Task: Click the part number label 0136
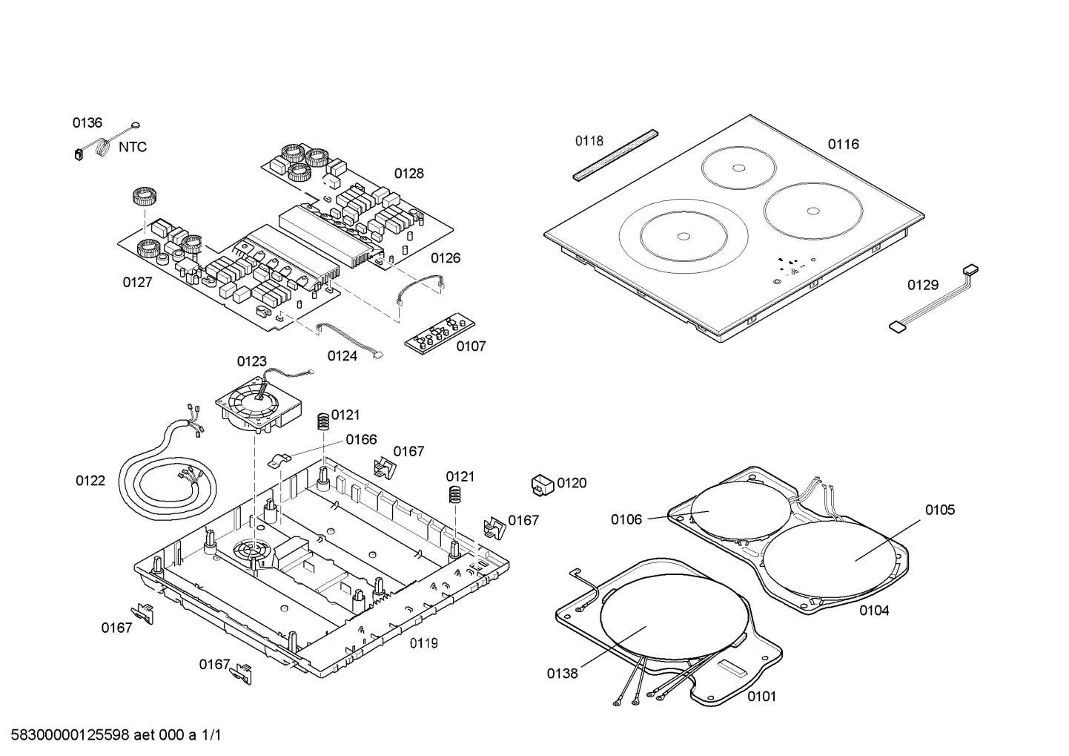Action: (87, 123)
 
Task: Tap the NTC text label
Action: (133, 147)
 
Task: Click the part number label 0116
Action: (843, 144)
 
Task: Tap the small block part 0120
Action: (543, 484)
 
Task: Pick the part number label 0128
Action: (408, 174)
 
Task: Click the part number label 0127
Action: (137, 283)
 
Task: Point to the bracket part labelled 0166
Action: (280, 458)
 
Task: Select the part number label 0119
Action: (423, 643)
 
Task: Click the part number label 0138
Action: (562, 674)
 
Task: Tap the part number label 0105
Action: (939, 510)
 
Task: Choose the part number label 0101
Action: (761, 697)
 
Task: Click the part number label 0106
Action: (626, 519)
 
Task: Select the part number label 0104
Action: (874, 611)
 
